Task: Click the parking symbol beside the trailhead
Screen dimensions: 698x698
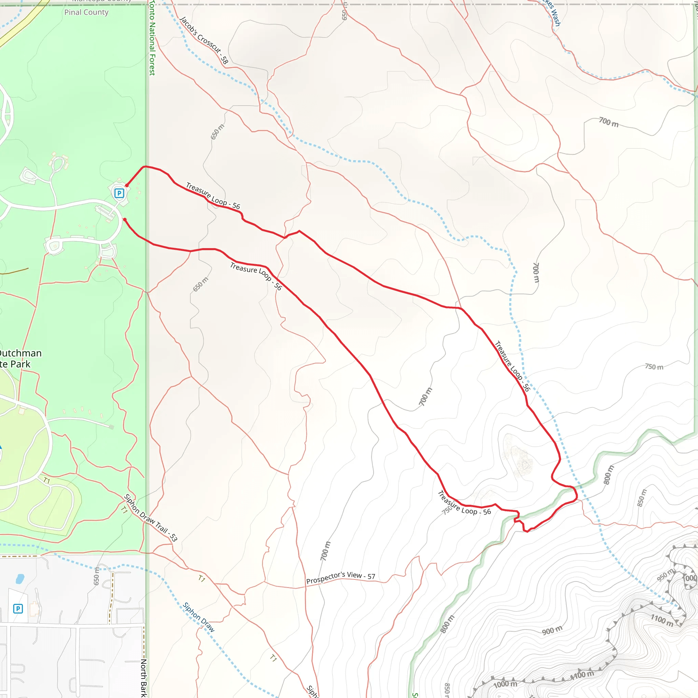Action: (x=119, y=193)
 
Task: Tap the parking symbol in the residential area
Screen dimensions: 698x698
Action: (x=18, y=609)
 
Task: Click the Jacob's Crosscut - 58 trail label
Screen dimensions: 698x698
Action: (x=204, y=40)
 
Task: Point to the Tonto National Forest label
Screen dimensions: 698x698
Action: (x=152, y=37)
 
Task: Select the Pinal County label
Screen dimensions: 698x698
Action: (x=86, y=12)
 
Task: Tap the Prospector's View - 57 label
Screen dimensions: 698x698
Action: (x=340, y=577)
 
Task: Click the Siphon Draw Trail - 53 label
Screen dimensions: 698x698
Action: (x=151, y=518)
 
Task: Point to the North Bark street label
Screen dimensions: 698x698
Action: (x=143, y=678)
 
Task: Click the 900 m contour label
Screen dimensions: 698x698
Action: (x=552, y=631)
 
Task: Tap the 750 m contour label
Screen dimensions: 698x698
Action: (x=654, y=367)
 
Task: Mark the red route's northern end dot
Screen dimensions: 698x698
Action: (x=127, y=185)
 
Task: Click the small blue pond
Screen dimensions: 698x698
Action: (x=20, y=579)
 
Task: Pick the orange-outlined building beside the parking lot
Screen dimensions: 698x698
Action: (x=34, y=609)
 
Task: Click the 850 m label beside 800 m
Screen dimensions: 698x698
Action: (x=641, y=498)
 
